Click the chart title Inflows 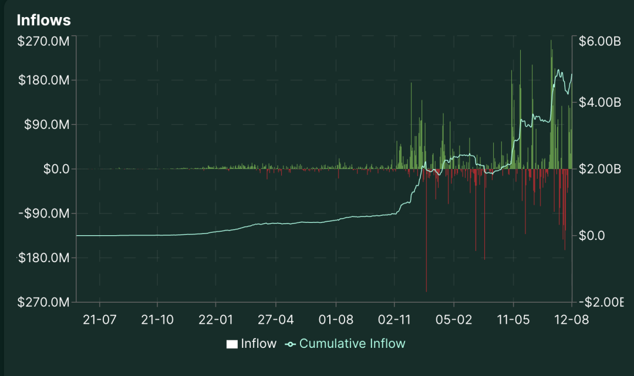[x=43, y=20]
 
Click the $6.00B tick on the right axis [x=599, y=42]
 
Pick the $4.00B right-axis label [x=599, y=102]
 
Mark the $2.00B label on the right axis [x=599, y=169]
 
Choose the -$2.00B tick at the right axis [x=599, y=302]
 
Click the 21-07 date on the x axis [x=100, y=320]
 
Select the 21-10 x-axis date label [x=157, y=320]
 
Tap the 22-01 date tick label [x=215, y=320]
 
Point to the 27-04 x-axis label [x=275, y=320]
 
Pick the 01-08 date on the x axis [x=336, y=320]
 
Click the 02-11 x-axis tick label [x=394, y=320]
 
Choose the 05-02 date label [x=453, y=320]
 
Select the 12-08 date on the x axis [x=572, y=320]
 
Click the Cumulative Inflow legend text [x=352, y=344]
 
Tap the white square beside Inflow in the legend [x=232, y=344]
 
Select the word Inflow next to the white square [x=258, y=344]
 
